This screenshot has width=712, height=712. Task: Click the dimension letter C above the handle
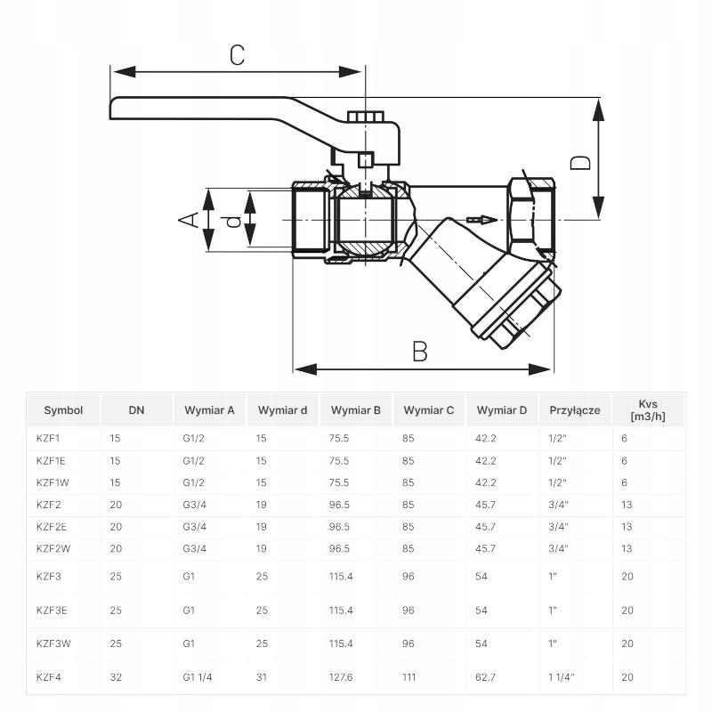tap(237, 55)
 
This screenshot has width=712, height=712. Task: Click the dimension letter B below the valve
tap(419, 351)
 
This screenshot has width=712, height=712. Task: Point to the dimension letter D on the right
tap(580, 163)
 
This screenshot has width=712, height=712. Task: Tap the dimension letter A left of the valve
tap(189, 220)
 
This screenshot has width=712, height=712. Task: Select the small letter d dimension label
tap(233, 221)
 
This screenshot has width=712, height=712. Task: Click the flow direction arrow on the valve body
tap(482, 220)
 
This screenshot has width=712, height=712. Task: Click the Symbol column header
tap(63, 410)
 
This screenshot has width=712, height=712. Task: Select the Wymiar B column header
tap(355, 410)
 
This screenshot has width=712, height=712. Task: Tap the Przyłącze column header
tap(574, 410)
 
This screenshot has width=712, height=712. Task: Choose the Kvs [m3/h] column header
tap(648, 410)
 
